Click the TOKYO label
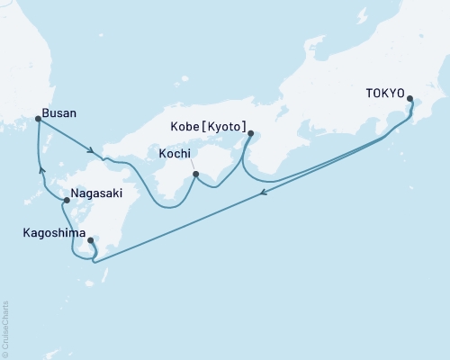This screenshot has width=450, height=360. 385,92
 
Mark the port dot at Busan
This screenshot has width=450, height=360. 37,119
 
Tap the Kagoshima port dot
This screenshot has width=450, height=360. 91,240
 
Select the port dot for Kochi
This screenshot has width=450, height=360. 195,174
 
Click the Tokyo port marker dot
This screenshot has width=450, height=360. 410,99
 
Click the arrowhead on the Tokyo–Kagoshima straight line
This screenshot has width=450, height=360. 262,192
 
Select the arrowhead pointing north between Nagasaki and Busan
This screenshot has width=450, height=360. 40,168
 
